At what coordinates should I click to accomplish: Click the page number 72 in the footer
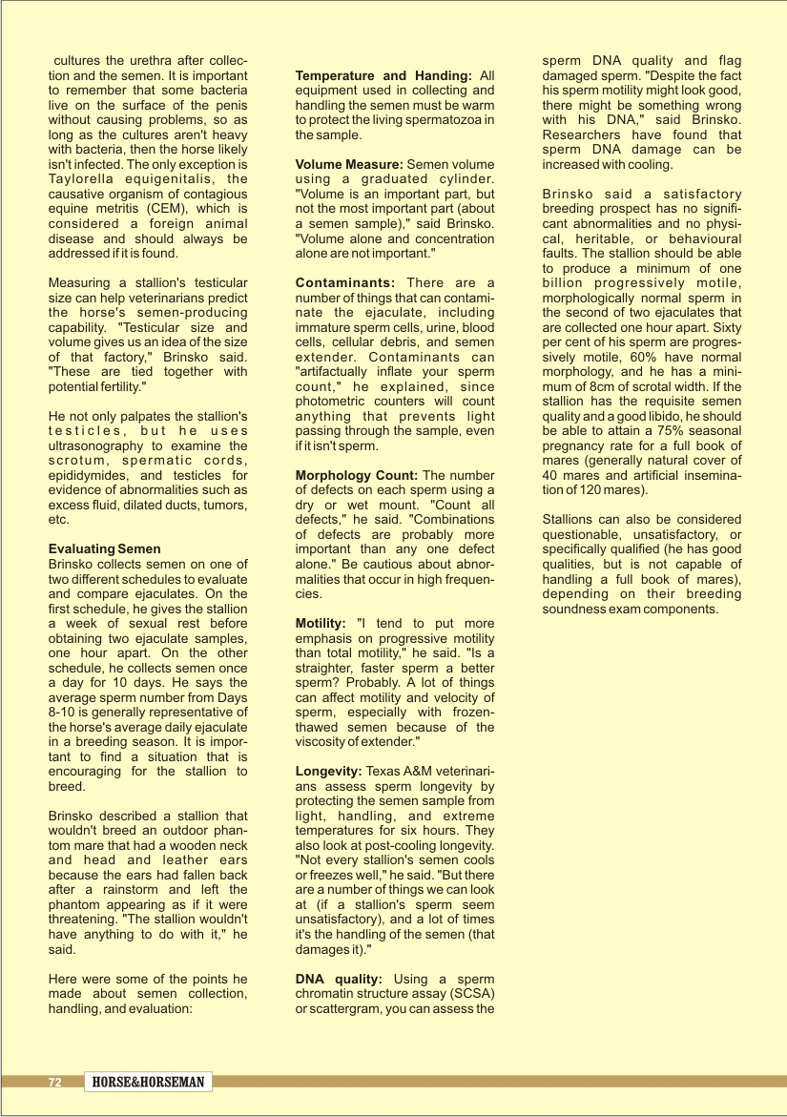(55, 1083)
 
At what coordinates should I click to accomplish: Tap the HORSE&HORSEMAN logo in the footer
(148, 1083)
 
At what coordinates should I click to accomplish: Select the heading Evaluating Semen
(105, 549)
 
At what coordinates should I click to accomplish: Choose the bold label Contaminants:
(345, 282)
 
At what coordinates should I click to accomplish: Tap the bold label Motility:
(321, 623)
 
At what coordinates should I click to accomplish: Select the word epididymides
(92, 475)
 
